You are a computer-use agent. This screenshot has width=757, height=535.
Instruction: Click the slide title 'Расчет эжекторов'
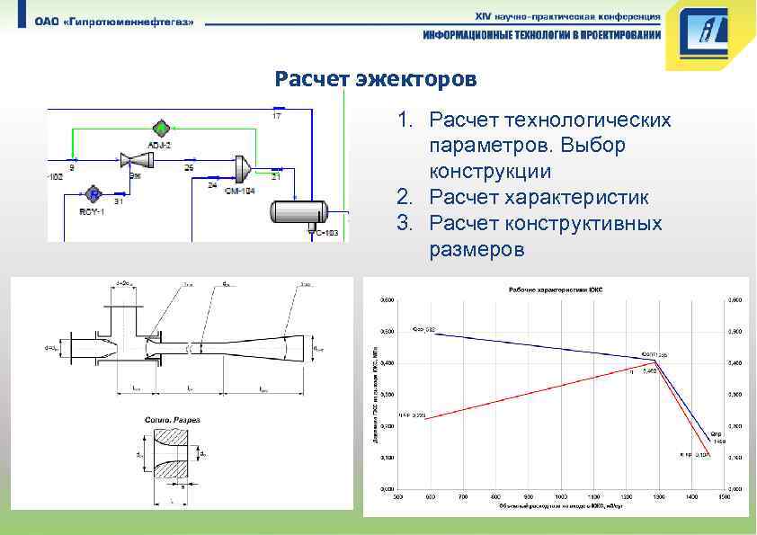376,79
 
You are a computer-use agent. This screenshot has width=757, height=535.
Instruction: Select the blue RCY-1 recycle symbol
93,193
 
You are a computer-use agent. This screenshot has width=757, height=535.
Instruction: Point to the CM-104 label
239,192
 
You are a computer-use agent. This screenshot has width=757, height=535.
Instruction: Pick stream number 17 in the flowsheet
276,117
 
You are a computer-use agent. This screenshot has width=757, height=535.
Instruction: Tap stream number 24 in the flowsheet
212,184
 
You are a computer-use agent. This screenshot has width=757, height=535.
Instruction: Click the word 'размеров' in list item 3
476,249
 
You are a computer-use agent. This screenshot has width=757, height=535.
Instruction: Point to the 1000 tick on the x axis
562,495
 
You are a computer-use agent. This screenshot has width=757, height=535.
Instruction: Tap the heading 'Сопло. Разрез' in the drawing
173,420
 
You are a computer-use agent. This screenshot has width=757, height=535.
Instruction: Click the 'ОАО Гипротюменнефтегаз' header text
114,22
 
